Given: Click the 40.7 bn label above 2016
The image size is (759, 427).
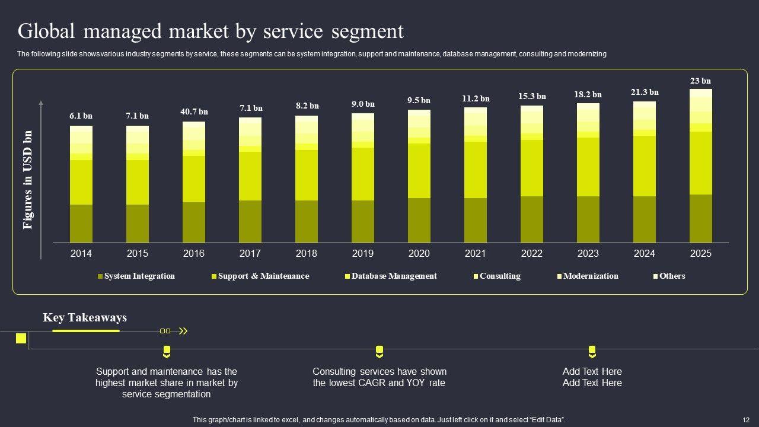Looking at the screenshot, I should pos(194,111).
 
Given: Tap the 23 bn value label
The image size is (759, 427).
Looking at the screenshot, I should pos(700,81).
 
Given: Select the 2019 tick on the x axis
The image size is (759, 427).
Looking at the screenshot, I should pos(362,253).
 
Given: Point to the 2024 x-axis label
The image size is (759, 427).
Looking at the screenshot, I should pos(644,253).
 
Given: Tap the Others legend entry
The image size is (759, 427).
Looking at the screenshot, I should pos(672,276).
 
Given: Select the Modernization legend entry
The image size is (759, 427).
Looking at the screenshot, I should pos(590,276).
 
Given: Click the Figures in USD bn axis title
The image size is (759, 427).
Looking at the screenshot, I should pos(28,180).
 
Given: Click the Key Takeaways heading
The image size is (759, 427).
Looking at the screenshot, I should pos(85,318).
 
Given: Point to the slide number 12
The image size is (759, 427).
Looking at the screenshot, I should pos(745,420).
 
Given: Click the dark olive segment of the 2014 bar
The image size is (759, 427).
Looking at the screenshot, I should pos(81,224).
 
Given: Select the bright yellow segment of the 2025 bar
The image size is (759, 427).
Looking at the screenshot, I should pos(700,163).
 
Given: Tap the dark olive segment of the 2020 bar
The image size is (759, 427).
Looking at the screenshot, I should pos(419,220).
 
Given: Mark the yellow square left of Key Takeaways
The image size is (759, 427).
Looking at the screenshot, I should pos(21,338).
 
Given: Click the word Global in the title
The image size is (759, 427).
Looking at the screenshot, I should pos(48,31).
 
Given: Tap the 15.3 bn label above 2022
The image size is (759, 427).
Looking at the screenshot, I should pos(532,96).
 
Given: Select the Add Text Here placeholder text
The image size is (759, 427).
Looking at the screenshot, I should pos(592,377).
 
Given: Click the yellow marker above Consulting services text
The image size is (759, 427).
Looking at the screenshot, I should pos(379,352).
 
